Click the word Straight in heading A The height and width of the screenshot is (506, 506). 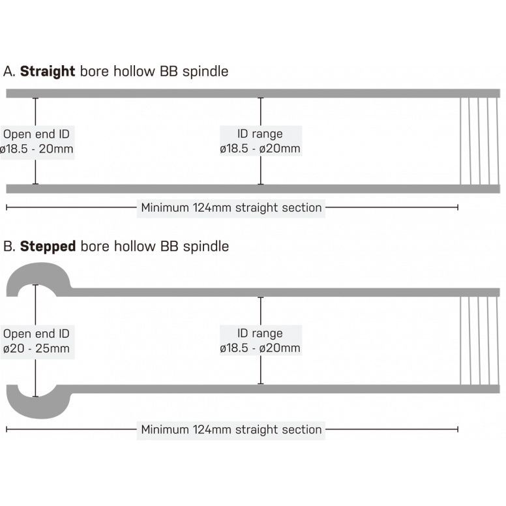pyautogui.click(x=48, y=72)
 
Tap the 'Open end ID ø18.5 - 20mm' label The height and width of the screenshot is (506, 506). pyautogui.click(x=37, y=141)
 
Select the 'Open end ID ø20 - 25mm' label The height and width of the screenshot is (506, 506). pyautogui.click(x=37, y=341)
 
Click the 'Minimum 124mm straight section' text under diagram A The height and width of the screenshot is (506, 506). pyautogui.click(x=231, y=208)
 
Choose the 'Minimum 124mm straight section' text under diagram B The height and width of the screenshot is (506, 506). pyautogui.click(x=231, y=430)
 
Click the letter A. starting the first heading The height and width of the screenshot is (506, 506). pyautogui.click(x=9, y=72)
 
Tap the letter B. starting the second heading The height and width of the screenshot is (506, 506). pyautogui.click(x=9, y=247)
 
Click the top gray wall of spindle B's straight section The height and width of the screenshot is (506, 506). pyautogui.click(x=261, y=292)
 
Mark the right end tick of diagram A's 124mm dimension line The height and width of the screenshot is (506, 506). pyautogui.click(x=457, y=207)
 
